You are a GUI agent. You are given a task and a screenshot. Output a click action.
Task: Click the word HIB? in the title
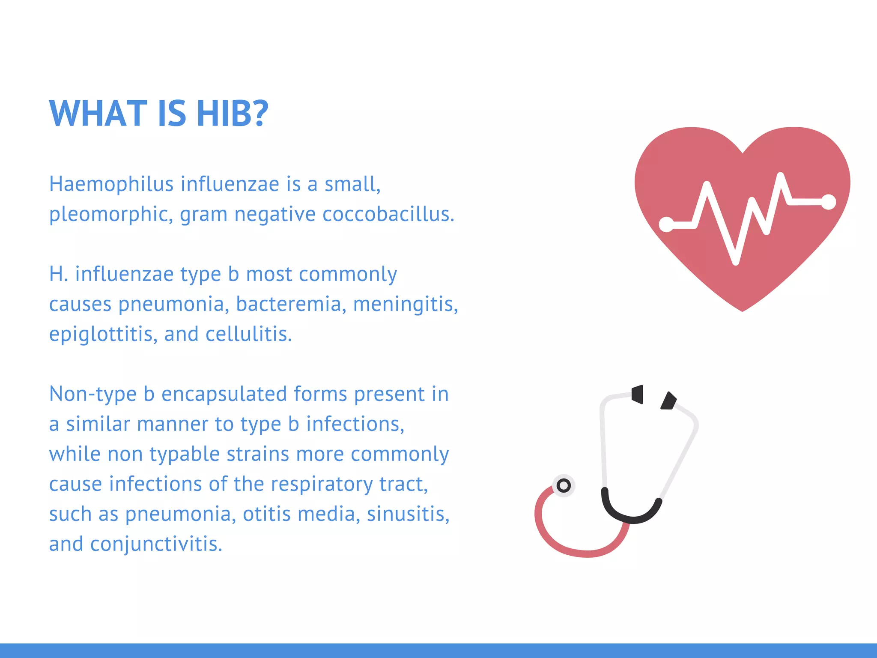[232, 114]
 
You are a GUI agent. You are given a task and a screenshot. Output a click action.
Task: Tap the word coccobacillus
[388, 214]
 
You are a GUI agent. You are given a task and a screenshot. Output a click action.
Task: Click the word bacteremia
[291, 304]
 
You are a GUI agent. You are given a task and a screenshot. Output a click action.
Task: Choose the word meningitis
[405, 304]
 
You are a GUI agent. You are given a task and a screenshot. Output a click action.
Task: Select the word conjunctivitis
[156, 544]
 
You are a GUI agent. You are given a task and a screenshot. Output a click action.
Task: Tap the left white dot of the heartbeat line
[666, 224]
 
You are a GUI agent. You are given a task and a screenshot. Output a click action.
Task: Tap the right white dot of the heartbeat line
[829, 202]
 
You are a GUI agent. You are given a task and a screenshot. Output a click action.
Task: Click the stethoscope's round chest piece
[564, 486]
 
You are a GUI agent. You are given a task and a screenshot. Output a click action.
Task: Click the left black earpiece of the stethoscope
[638, 394]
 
